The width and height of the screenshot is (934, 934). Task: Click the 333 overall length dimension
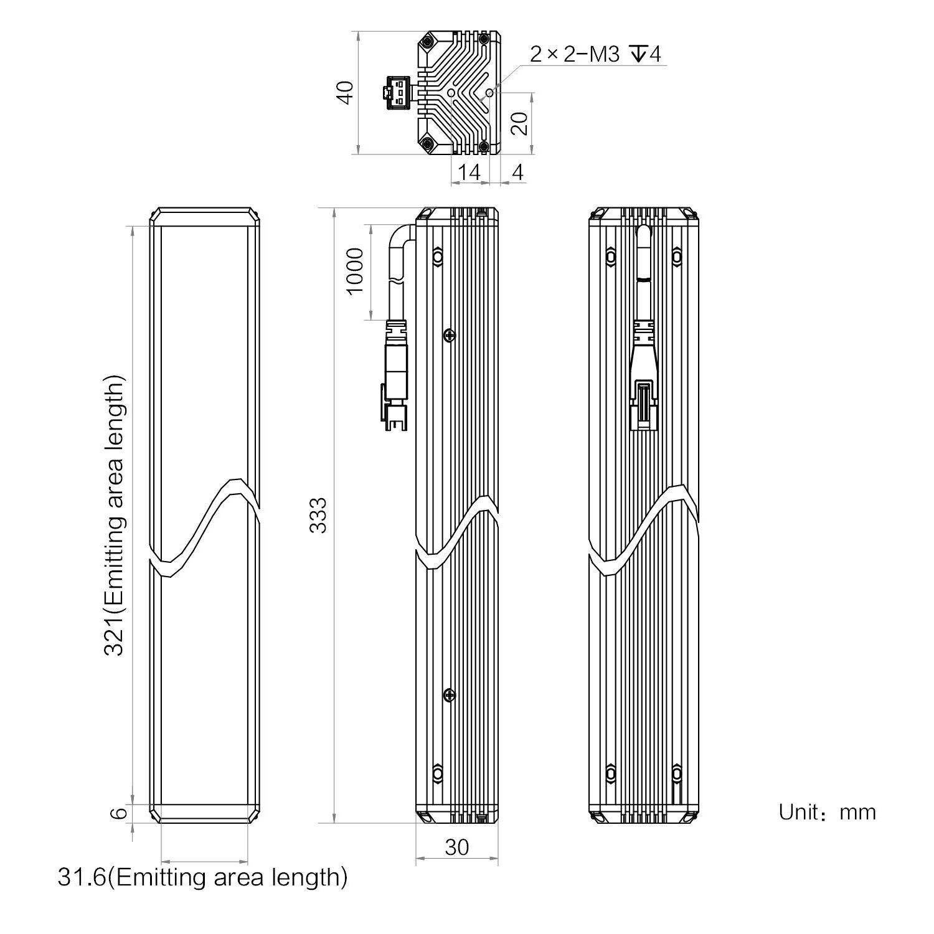(x=318, y=514)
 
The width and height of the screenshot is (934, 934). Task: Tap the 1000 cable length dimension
(x=354, y=271)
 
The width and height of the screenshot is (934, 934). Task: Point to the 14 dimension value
(x=469, y=172)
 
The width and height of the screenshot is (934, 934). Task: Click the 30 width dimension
(x=457, y=847)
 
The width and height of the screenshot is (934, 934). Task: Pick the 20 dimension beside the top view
(x=519, y=123)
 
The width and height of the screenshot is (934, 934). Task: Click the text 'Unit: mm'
(x=827, y=812)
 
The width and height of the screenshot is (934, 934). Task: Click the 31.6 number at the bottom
(x=82, y=877)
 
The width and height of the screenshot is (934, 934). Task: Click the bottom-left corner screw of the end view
(x=427, y=144)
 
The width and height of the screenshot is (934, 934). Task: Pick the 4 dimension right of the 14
(x=517, y=172)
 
